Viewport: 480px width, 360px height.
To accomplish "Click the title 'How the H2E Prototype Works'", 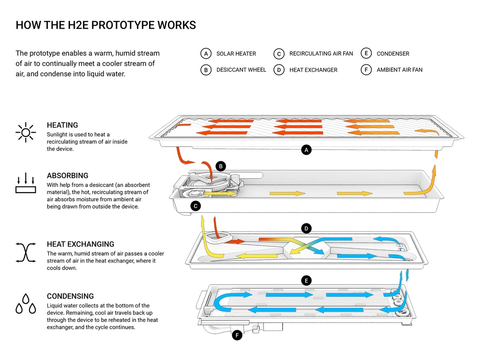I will (106, 25).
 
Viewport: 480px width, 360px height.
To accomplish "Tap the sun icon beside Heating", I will (26, 132).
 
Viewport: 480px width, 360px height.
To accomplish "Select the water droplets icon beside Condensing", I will (26, 303).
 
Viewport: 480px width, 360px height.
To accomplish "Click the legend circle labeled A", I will (206, 53).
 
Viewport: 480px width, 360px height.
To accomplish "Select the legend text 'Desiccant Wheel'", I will (241, 70).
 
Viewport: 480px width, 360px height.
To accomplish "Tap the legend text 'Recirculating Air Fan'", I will (321, 53).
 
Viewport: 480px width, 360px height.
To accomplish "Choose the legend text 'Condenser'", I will (393, 53).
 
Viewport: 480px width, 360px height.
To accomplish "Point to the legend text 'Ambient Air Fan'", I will (400, 70).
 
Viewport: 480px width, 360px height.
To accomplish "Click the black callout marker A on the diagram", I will (307, 150).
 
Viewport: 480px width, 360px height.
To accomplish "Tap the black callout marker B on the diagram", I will (221, 166).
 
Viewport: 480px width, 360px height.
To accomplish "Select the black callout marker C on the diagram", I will (196, 206).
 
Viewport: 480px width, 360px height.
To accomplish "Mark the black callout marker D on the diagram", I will (307, 228).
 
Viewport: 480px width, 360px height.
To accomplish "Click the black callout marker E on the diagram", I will (307, 280).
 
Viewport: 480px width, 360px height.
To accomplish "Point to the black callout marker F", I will (237, 335).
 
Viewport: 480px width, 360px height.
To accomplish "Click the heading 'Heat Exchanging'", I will (80, 244).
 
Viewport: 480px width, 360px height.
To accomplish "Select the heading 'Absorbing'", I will (67, 176).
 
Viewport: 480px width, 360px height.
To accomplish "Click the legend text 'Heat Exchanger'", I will (313, 70).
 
